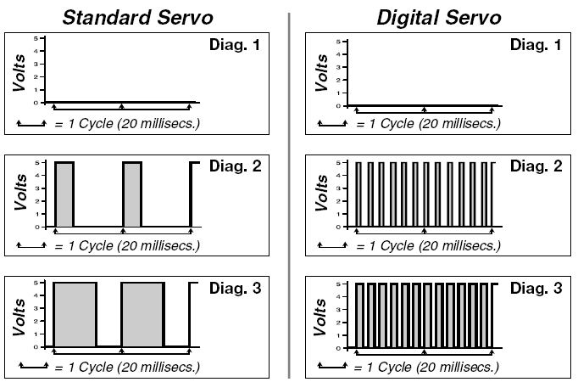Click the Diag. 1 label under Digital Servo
536,45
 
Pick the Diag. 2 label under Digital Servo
536,167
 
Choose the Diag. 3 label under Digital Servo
536,289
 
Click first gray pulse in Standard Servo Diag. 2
64,194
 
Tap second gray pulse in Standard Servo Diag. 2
132,194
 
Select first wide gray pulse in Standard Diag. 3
75,315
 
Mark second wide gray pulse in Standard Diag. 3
142,315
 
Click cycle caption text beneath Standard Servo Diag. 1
127,124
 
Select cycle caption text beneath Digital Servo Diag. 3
428,368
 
